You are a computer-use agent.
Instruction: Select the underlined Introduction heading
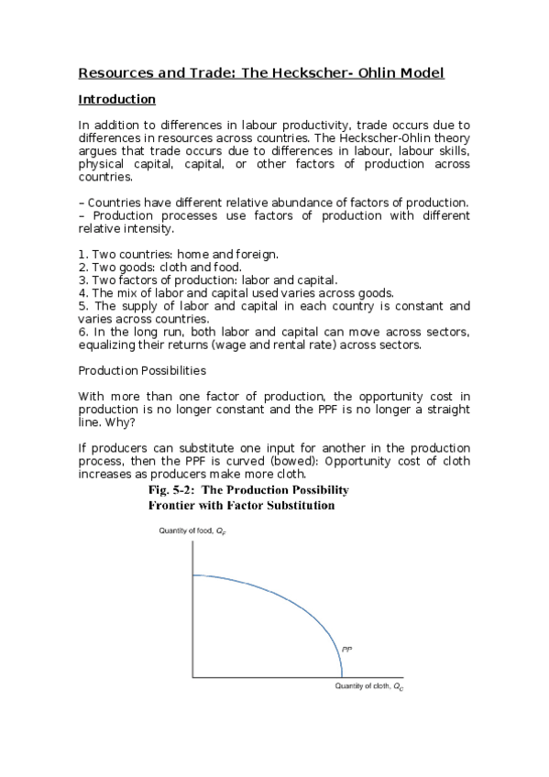coord(116,99)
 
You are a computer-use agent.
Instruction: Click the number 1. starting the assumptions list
coord(82,254)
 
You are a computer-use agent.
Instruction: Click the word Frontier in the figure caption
coord(175,504)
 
